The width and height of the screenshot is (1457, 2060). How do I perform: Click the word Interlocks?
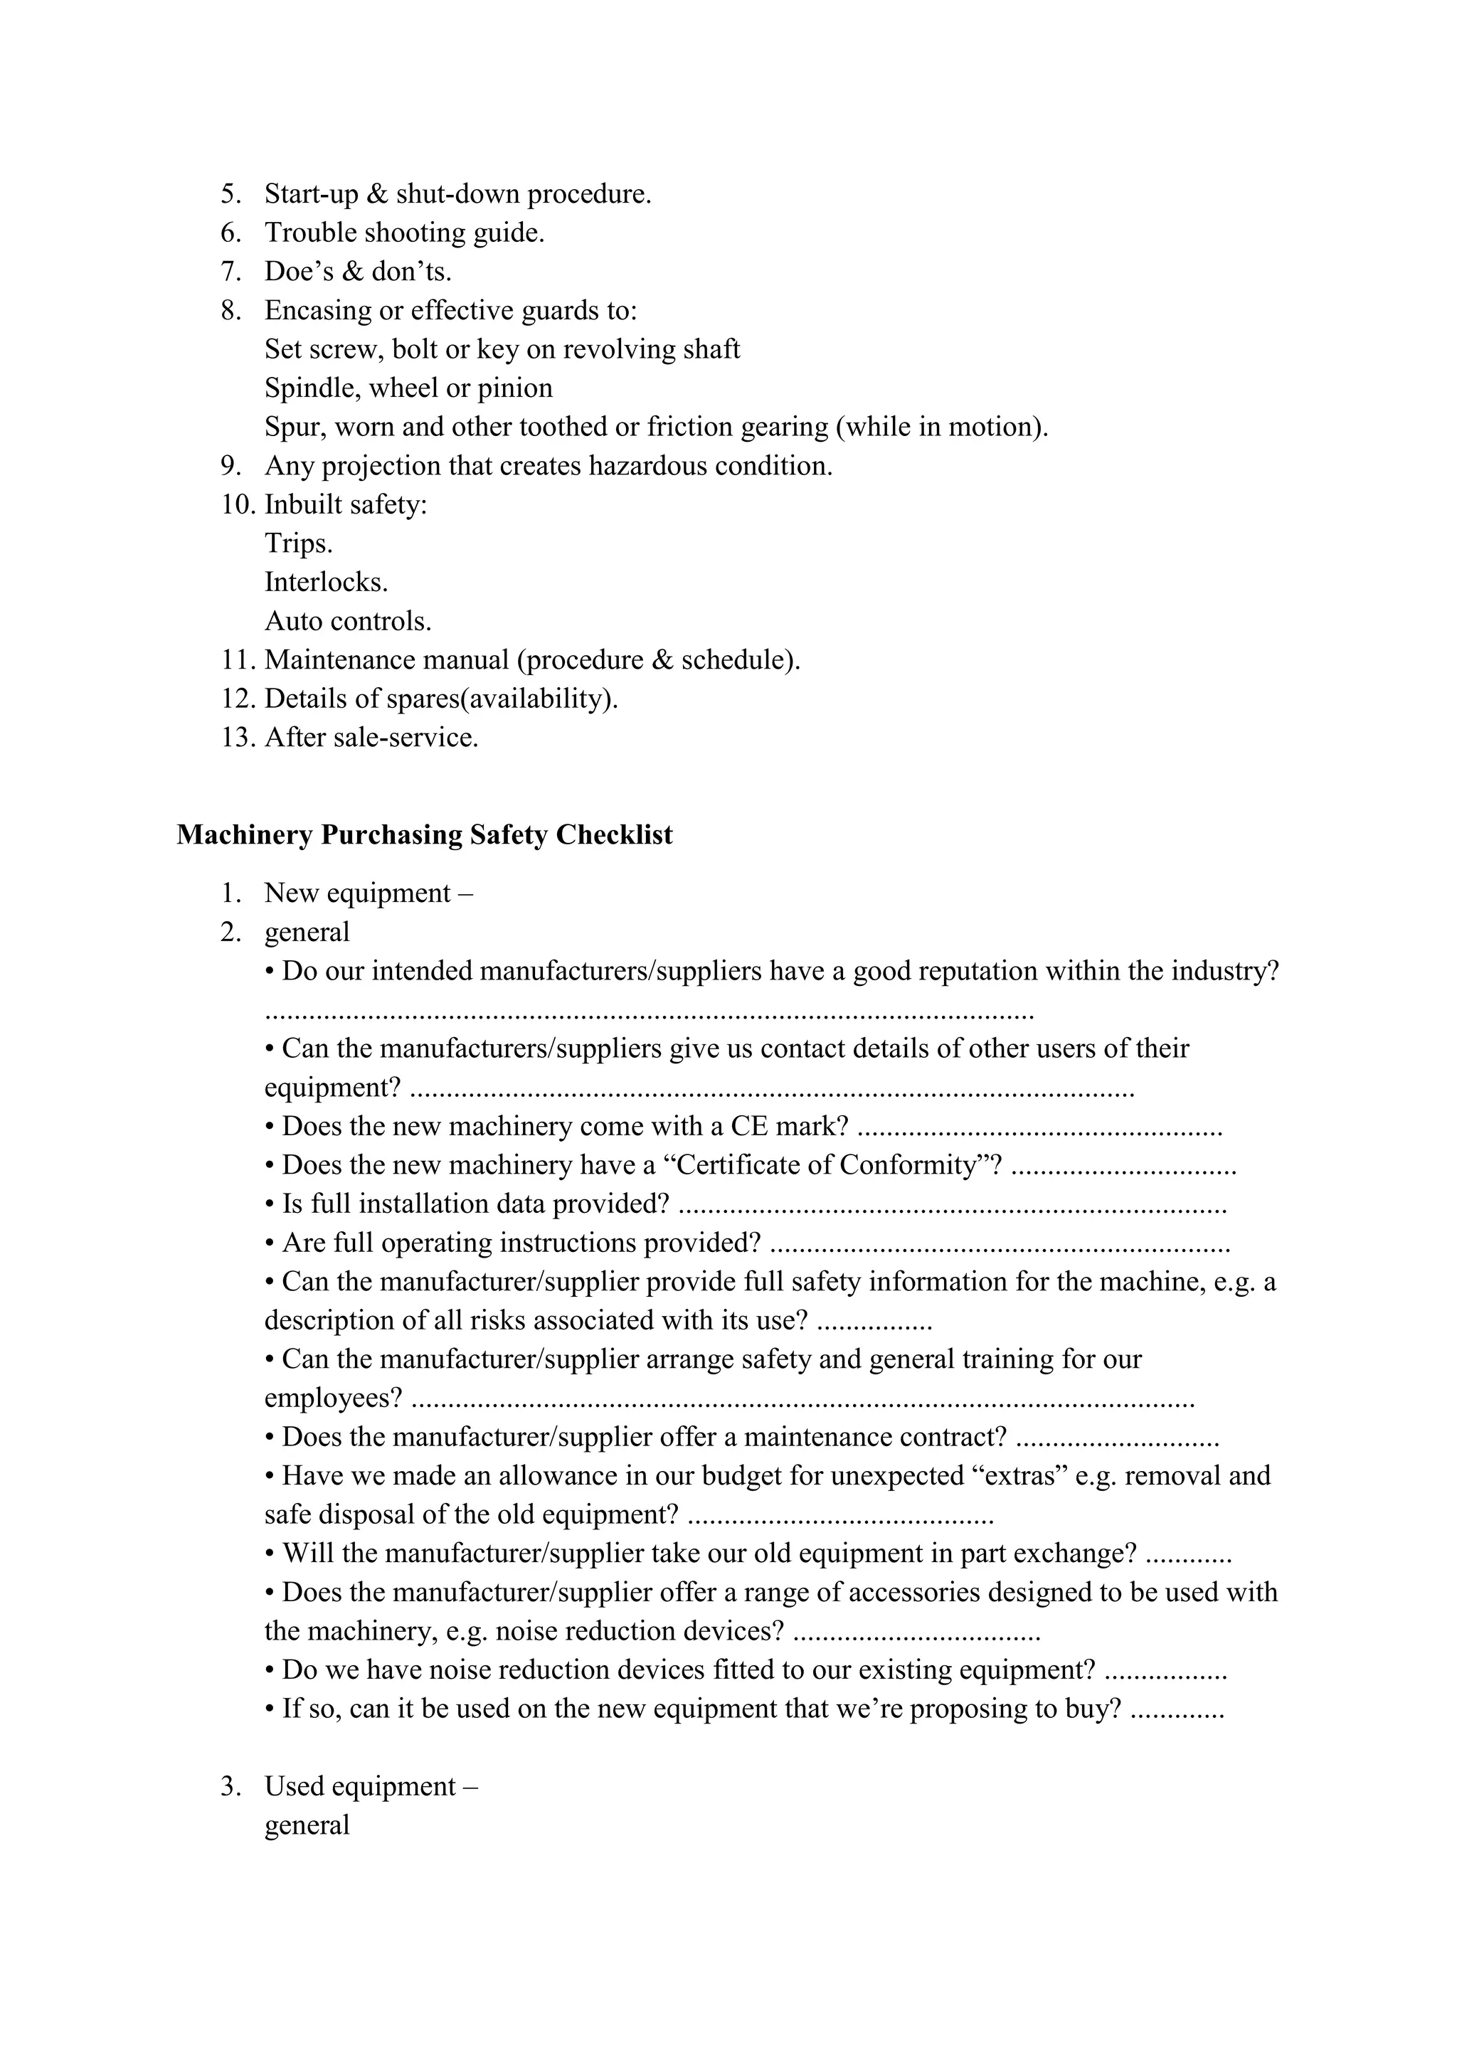[326, 583]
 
